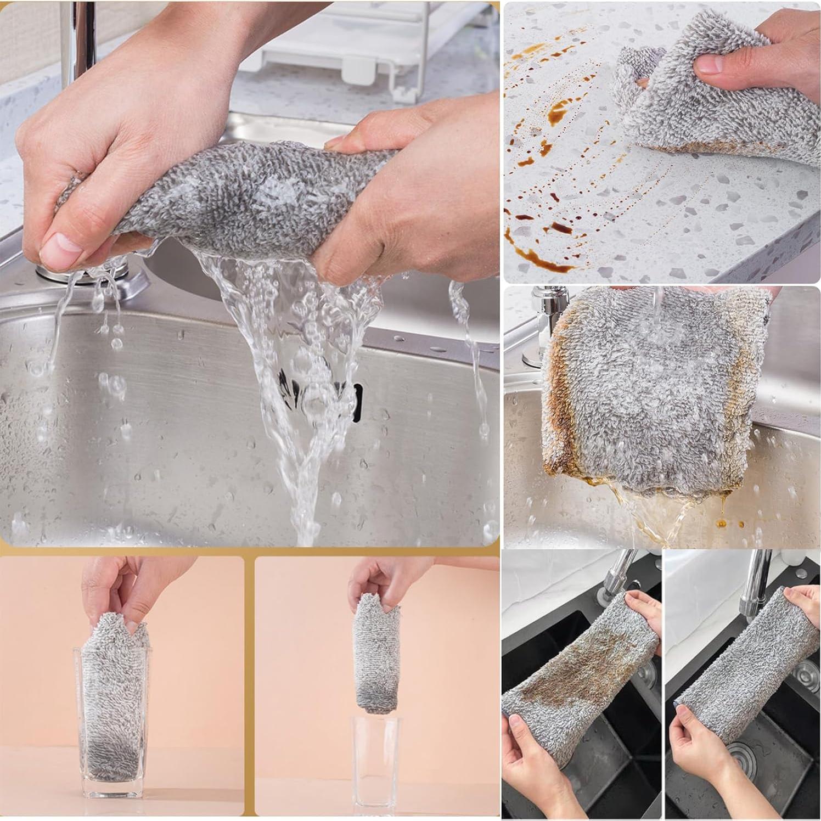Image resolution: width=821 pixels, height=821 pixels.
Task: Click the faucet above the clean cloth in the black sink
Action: click(x=752, y=582)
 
